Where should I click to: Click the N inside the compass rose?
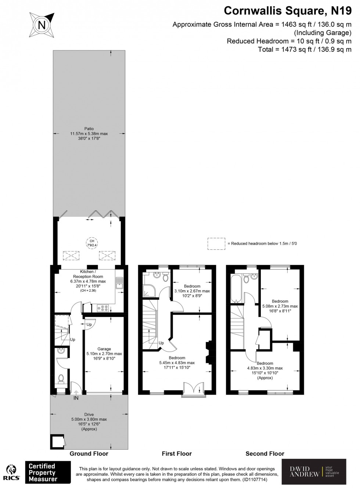click(x=42, y=25)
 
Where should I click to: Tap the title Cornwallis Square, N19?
click(x=288, y=11)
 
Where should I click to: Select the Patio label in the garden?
click(x=89, y=129)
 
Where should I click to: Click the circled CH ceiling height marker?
click(x=92, y=243)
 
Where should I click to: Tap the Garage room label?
click(x=104, y=349)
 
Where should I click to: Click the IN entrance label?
click(x=76, y=398)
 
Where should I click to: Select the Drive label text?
click(x=89, y=414)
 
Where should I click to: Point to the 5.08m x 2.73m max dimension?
click(x=280, y=306)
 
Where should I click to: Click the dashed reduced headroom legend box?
click(x=216, y=244)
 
